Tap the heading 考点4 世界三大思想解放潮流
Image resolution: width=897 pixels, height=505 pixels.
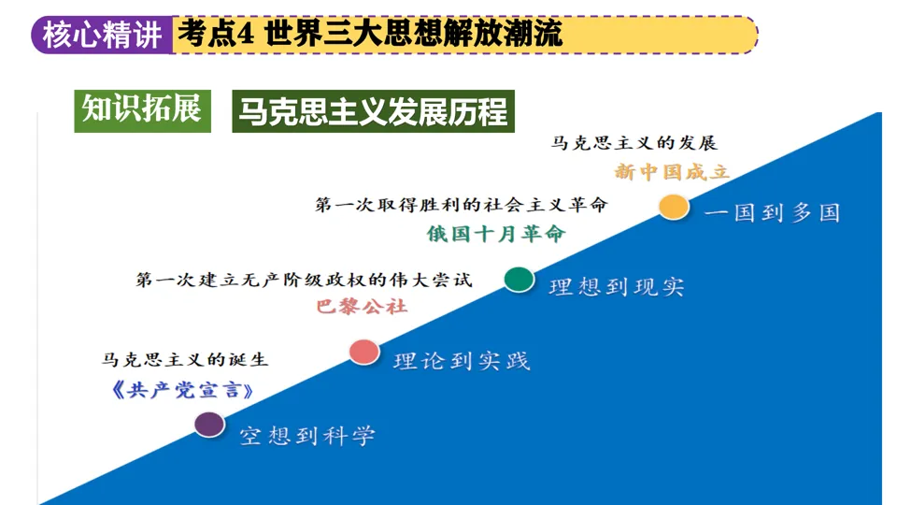369,36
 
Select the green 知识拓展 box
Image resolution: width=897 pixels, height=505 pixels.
142,109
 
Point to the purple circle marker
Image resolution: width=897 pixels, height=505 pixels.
209,425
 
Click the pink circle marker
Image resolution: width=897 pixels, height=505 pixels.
364,352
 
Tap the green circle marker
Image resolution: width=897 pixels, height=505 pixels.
519,279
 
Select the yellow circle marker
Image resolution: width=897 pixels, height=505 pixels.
673,207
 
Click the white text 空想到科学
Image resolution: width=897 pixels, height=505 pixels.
307,435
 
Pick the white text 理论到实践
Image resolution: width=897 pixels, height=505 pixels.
462,361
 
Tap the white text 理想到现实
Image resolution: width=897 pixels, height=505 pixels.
617,287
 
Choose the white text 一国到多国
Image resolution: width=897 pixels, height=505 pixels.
772,212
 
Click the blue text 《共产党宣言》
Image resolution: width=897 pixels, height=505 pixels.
181,390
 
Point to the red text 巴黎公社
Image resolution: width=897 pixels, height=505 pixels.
362,306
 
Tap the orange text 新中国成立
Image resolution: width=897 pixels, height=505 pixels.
671,172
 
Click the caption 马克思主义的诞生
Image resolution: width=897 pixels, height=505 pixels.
185,359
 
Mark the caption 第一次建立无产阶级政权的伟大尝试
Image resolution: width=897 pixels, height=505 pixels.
305,280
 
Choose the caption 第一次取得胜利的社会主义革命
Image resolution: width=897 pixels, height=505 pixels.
462,205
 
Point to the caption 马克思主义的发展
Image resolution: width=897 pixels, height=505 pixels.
633,143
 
